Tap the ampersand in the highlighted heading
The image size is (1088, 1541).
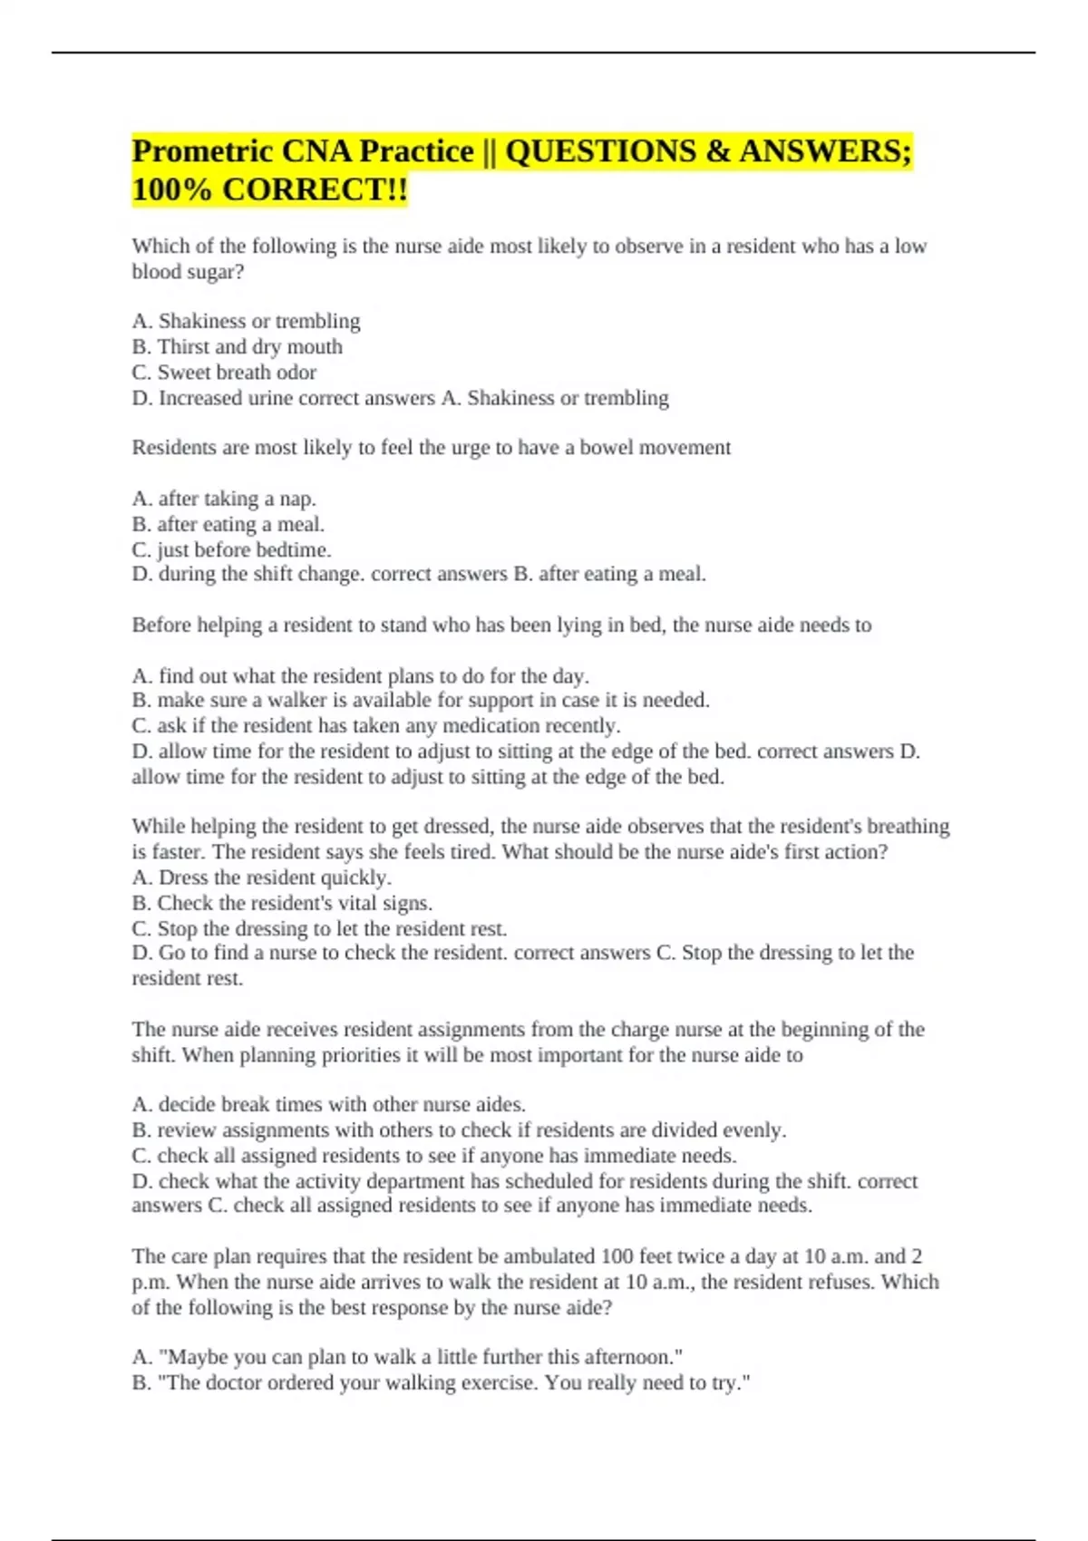(x=716, y=150)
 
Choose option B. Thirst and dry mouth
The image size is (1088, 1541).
(x=237, y=346)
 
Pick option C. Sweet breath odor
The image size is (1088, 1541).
(x=224, y=372)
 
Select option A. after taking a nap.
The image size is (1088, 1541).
(x=223, y=499)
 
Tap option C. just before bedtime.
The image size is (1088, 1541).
(x=231, y=549)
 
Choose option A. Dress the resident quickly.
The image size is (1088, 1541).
(x=261, y=877)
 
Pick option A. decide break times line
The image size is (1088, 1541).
(x=328, y=1104)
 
